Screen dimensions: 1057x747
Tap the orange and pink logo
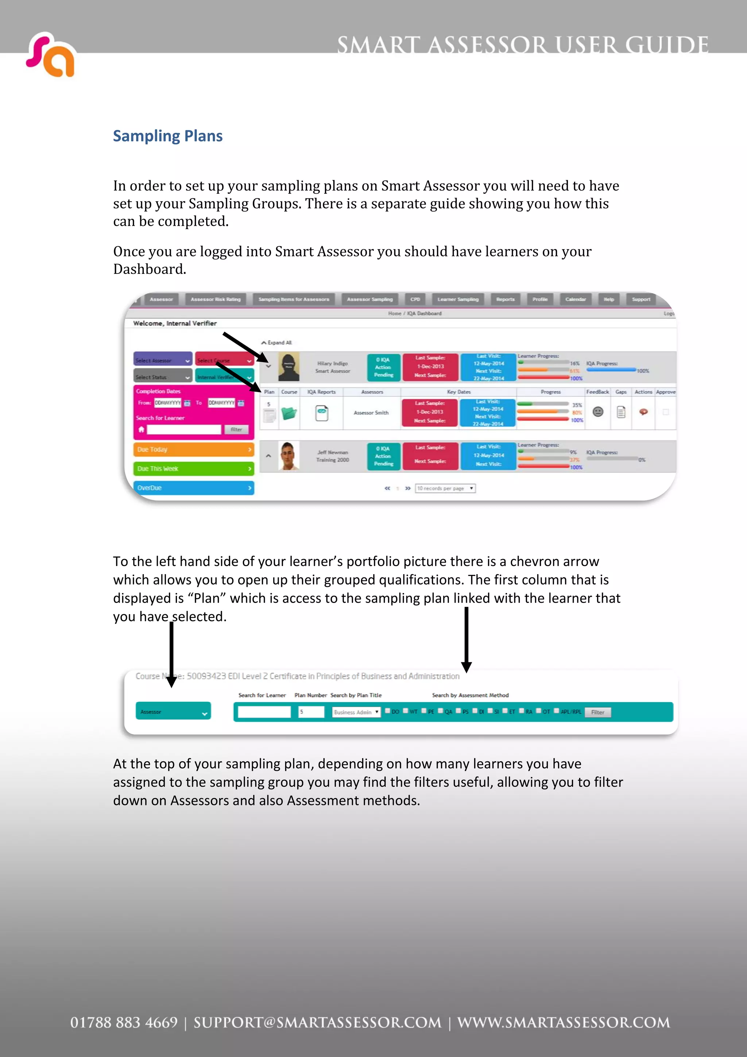point(51,55)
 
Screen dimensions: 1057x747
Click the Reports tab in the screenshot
point(505,299)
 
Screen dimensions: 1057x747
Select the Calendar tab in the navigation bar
point(575,299)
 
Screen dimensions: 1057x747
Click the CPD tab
point(415,299)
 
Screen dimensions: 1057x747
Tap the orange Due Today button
point(193,449)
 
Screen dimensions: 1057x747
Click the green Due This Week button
point(193,469)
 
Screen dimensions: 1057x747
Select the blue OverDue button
point(193,488)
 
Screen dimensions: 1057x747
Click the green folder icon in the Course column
point(289,413)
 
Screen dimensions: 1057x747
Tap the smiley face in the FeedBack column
point(597,411)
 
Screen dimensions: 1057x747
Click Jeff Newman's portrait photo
point(289,456)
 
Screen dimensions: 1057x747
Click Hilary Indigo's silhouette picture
point(289,367)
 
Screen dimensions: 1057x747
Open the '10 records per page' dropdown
point(445,488)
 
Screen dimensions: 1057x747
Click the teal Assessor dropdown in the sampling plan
point(173,712)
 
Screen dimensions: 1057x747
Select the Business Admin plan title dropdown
point(356,712)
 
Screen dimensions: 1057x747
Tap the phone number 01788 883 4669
point(124,1022)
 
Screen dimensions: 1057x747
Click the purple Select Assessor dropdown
point(162,360)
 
